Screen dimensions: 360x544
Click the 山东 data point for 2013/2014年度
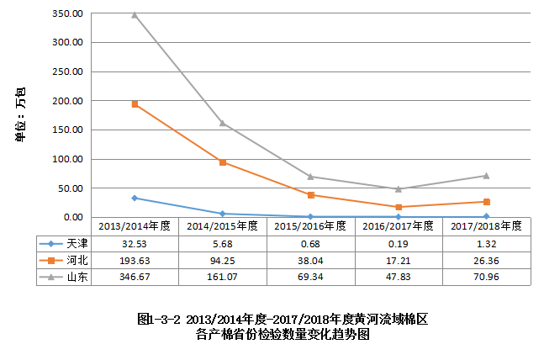[135, 15]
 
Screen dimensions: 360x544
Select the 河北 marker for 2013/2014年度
[135, 104]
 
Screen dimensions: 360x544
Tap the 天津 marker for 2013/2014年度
[135, 198]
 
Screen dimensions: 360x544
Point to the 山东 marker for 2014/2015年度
[223, 123]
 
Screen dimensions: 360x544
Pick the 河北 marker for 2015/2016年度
[311, 195]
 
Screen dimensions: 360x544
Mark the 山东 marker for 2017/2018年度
[486, 176]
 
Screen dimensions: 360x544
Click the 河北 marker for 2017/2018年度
[486, 202]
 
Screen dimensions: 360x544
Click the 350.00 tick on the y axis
[66, 13]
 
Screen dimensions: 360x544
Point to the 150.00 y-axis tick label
[66, 130]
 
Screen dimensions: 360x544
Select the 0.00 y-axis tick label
[71, 217]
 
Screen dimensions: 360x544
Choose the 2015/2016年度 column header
[310, 226]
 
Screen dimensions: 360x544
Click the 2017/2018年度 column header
[486, 226]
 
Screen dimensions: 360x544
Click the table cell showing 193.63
[135, 260]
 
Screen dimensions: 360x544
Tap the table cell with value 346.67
[135, 276]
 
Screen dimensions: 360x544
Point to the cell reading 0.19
[399, 243]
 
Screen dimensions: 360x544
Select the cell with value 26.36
[486, 260]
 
